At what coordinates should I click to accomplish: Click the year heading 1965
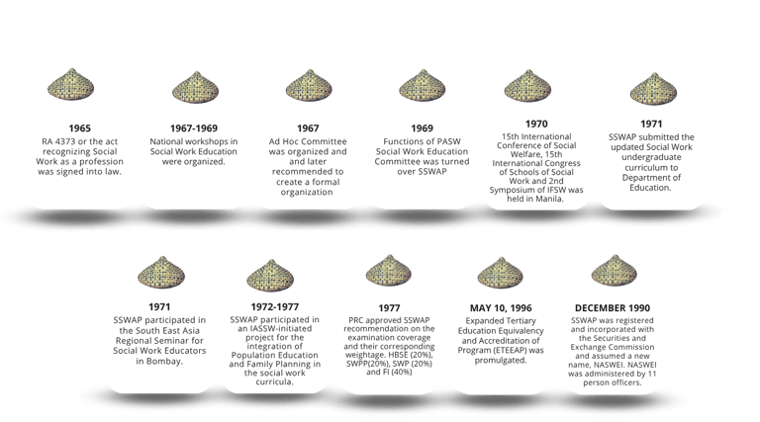click(79, 128)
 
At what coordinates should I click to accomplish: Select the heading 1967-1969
click(194, 128)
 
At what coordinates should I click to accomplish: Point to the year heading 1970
click(535, 126)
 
